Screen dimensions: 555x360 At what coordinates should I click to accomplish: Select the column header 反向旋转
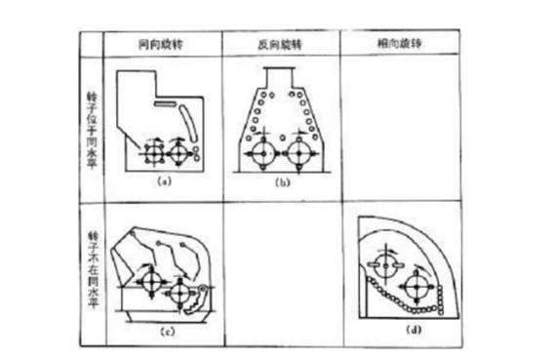pyautogui.click(x=279, y=44)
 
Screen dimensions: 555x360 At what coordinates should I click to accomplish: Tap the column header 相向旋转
pyautogui.click(x=399, y=44)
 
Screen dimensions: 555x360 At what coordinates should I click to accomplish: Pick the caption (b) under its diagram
pyautogui.click(x=280, y=181)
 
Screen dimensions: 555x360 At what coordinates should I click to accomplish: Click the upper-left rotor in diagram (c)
pyautogui.click(x=149, y=280)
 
